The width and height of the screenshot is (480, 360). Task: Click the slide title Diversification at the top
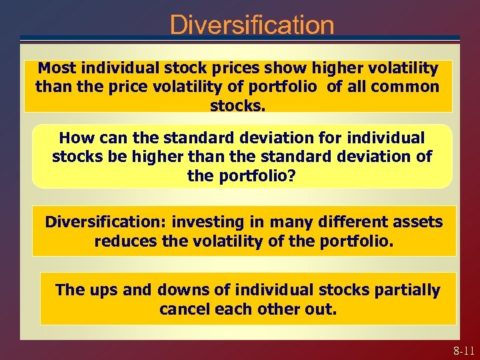click(x=251, y=25)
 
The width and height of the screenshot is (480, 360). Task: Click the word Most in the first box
click(x=55, y=69)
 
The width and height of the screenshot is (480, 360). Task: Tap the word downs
click(x=178, y=291)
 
